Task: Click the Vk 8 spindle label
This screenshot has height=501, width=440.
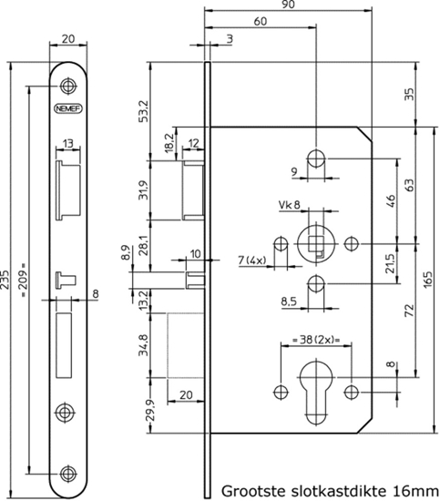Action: [x=289, y=207]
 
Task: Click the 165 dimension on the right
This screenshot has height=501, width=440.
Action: [x=429, y=279]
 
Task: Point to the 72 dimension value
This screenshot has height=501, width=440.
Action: [x=413, y=312]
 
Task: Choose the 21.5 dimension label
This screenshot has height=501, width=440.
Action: [x=391, y=263]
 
